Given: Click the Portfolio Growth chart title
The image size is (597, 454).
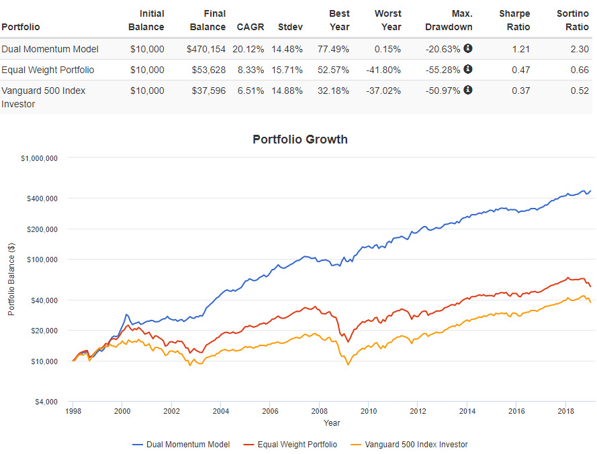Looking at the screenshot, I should coord(300,139).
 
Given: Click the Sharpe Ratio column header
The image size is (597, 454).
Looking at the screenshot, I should coord(514,20).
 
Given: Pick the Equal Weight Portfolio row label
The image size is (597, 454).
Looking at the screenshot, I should coord(48,70).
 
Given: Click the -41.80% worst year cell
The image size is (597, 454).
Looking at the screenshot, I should coord(387,70).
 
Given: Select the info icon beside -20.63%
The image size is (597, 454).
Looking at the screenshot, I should coord(468,48).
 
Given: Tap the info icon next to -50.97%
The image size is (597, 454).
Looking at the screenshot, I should coord(468,90).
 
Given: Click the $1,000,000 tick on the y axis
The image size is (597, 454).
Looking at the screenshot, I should coord(39,158).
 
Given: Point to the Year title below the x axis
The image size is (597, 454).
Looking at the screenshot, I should coord(332,423).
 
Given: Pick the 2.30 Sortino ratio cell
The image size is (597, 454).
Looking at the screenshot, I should coord(580,49).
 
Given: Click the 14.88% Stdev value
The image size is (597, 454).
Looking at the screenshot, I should coord(289,91).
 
